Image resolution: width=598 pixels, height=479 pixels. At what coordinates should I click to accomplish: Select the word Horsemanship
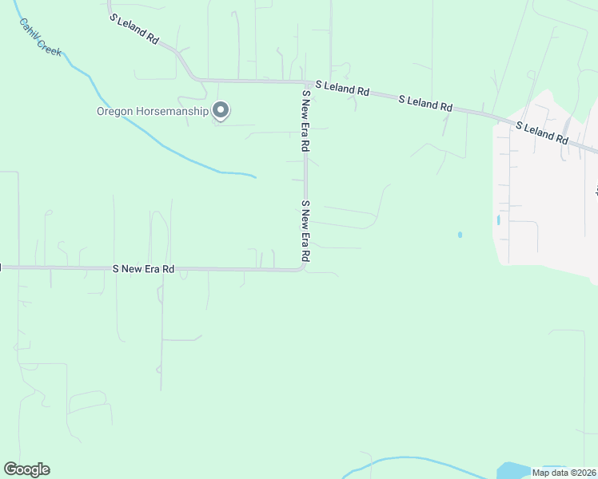(x=174, y=112)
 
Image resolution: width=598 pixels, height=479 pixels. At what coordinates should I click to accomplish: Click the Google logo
(x=26, y=469)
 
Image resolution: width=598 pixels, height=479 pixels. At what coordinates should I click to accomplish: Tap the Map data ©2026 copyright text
(x=564, y=473)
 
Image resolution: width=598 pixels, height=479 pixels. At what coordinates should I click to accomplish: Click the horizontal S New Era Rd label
(x=144, y=269)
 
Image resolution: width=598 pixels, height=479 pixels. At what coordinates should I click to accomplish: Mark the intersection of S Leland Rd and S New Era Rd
(x=305, y=82)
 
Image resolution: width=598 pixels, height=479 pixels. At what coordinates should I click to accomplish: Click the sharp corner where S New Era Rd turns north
(x=303, y=268)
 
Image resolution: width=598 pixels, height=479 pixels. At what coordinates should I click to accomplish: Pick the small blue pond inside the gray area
(x=498, y=220)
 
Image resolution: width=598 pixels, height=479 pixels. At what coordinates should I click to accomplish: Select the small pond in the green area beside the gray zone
(x=460, y=235)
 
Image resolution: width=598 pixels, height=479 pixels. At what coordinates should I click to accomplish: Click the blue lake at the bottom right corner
(x=512, y=471)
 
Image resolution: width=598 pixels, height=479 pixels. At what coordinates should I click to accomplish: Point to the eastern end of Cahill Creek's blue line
(x=254, y=176)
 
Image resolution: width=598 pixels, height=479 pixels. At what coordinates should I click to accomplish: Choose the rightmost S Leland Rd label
(x=541, y=133)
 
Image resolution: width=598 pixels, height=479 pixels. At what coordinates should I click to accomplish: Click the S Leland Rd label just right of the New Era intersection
(x=342, y=88)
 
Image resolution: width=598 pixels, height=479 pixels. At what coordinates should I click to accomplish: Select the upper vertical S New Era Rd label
(x=305, y=121)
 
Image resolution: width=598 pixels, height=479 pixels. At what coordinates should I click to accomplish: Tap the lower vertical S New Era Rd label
(x=305, y=232)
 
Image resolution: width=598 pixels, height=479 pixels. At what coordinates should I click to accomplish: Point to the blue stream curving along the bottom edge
(x=400, y=459)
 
